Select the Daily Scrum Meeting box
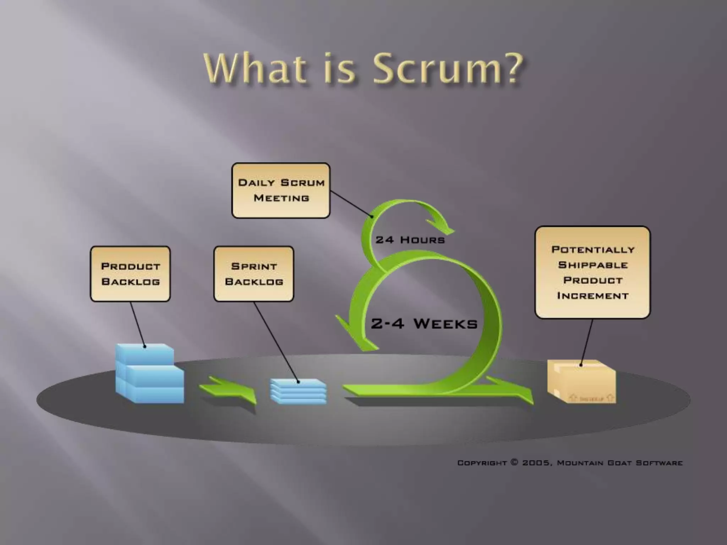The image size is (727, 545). (x=281, y=191)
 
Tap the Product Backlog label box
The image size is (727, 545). (x=130, y=274)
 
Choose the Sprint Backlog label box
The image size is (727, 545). (x=254, y=274)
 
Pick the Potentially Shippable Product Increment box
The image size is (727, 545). (x=592, y=272)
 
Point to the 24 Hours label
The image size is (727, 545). (x=410, y=240)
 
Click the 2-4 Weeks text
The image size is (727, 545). (x=424, y=324)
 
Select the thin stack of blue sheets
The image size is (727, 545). (x=298, y=391)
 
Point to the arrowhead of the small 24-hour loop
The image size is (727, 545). (x=442, y=227)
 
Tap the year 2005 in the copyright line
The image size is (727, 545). (x=536, y=463)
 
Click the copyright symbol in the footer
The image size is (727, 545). (x=514, y=462)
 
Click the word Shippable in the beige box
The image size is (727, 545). (x=593, y=265)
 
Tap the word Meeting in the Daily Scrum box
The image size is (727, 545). (x=281, y=198)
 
